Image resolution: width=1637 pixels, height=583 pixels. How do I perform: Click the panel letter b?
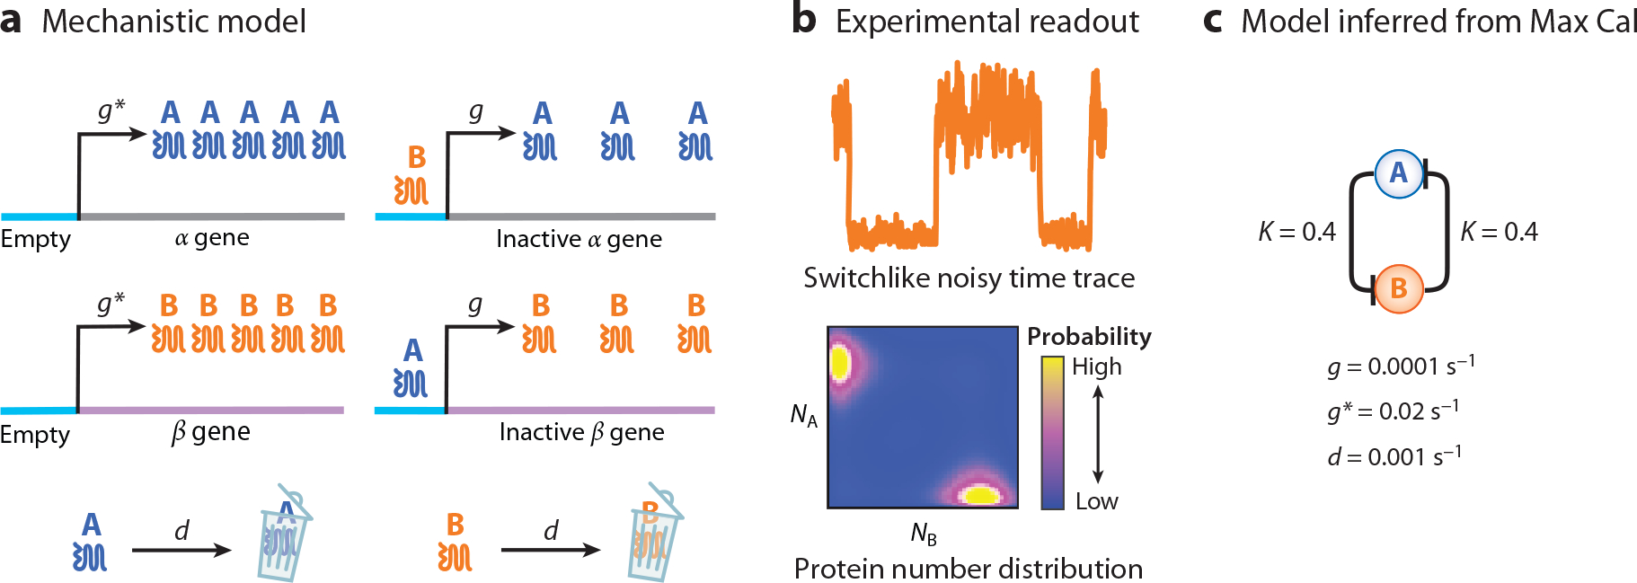coord(803,20)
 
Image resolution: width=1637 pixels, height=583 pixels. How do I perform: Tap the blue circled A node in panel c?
coord(1399,173)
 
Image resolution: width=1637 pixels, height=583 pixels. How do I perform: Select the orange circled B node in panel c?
coord(1399,288)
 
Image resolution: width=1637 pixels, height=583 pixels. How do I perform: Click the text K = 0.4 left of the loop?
coord(1296,232)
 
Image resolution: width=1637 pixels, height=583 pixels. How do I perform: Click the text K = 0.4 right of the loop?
coord(1499,232)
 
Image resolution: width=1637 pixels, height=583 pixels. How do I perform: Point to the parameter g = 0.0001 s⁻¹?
coord(1401,366)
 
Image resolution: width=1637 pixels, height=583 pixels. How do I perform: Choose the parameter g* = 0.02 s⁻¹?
coord(1393,411)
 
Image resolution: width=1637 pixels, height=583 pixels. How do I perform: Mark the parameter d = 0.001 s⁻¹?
coord(1394,456)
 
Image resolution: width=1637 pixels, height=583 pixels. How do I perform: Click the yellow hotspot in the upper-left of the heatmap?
coord(840,363)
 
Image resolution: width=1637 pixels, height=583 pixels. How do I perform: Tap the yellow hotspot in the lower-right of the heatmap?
coord(979,493)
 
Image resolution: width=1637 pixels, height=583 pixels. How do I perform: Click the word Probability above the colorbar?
coord(1089,336)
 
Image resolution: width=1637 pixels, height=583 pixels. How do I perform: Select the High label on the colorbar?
coord(1096,367)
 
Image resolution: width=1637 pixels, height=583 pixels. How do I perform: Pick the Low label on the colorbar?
coord(1096,501)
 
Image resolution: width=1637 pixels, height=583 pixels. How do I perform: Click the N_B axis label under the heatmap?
coord(924,534)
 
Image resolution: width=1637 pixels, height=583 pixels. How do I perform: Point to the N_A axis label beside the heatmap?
coord(803,415)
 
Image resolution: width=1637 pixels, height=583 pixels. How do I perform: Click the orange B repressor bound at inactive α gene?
coord(412,177)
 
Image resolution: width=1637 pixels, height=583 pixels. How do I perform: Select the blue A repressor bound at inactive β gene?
coord(411,369)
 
